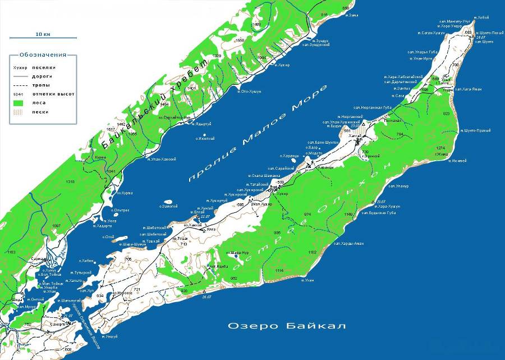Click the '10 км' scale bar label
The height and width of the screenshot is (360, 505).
(x=43, y=34)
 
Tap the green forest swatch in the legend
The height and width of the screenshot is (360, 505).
(x=19, y=103)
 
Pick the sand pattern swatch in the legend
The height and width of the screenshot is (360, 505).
(x=19, y=112)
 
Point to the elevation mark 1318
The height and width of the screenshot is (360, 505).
(x=70, y=182)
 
